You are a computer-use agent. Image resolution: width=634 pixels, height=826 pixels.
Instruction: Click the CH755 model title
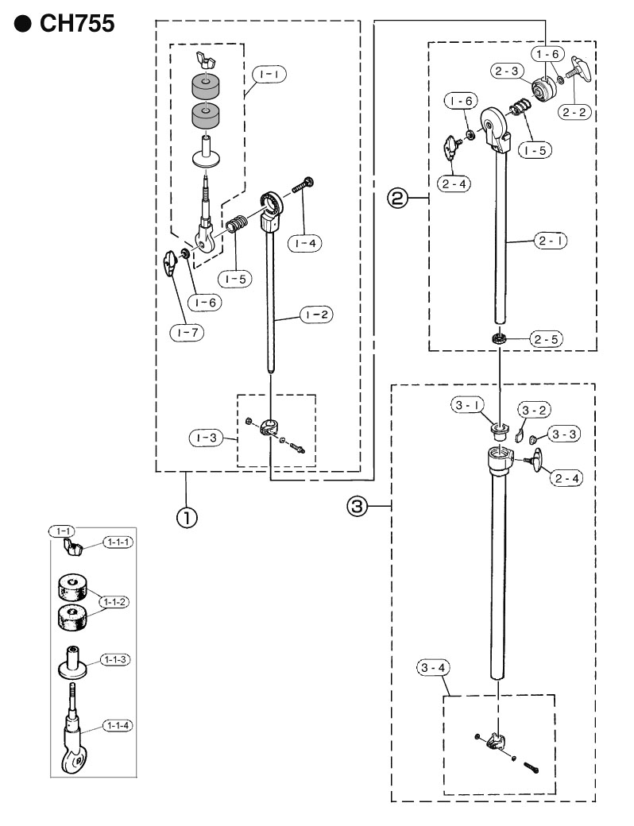click(x=77, y=24)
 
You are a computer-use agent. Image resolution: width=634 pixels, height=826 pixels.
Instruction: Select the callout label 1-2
click(x=317, y=315)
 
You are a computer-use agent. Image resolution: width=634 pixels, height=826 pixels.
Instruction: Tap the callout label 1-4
click(x=305, y=243)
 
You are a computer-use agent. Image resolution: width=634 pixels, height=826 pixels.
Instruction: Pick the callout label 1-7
click(x=187, y=333)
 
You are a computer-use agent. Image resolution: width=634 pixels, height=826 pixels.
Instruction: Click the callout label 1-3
click(x=206, y=438)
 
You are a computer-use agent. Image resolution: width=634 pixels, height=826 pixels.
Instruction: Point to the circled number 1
click(x=187, y=517)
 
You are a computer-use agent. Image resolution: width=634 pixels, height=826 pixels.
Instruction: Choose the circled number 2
click(x=397, y=198)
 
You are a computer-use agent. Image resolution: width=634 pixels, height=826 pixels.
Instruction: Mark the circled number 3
click(x=357, y=506)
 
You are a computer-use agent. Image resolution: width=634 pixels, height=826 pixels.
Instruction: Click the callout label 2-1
click(x=551, y=241)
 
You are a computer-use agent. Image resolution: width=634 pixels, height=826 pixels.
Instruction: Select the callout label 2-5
click(x=546, y=338)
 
